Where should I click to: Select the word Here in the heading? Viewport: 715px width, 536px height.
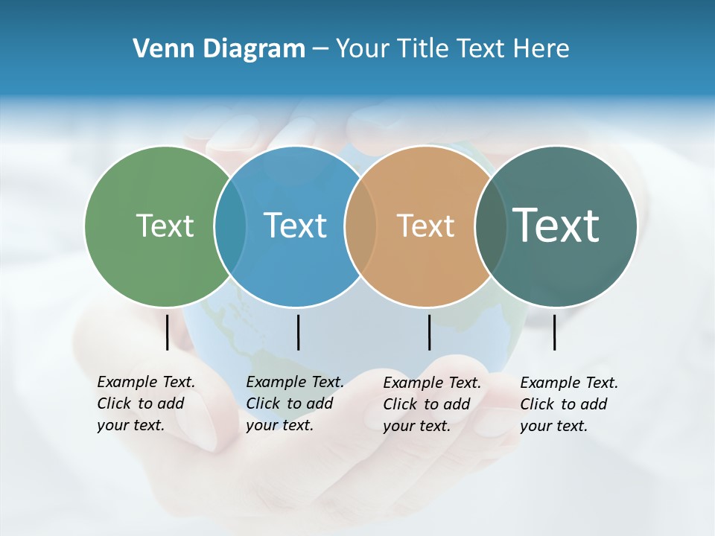point(542,49)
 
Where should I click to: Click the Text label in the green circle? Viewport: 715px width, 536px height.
point(165,226)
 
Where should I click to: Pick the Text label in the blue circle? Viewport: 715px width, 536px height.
point(296,226)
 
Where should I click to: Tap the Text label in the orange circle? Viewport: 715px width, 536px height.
point(425,226)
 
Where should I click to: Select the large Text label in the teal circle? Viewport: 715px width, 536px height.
point(556,225)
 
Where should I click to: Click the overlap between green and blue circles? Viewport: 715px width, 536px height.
point(230,226)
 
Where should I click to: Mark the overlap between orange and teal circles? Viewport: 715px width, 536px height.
point(489,226)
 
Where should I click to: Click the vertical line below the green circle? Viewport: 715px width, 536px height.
point(167,332)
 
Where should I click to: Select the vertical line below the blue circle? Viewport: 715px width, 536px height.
point(298,332)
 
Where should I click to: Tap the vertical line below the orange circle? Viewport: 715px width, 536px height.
point(429,332)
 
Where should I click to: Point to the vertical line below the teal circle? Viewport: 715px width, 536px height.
point(554,332)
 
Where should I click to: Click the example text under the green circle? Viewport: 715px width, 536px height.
point(145,403)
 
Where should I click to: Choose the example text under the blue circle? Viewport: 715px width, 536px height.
point(294,403)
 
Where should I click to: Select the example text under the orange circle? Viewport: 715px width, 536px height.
point(431,404)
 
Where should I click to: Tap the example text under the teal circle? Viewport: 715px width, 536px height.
point(568,404)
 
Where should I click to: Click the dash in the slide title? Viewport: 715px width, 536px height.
point(320,50)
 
